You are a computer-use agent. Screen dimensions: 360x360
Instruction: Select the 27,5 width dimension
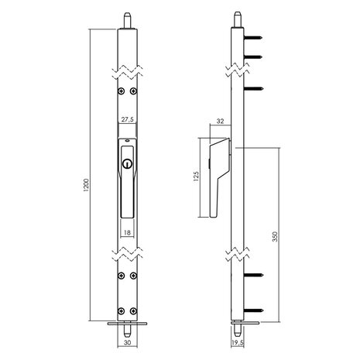(x=126, y=120)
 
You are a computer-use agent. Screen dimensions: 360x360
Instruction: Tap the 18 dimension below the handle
(x=126, y=230)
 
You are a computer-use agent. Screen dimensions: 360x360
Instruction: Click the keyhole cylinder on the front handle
(x=125, y=164)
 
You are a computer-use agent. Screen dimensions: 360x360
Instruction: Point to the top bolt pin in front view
(x=126, y=17)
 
